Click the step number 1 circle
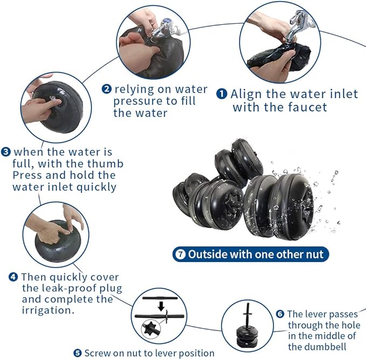click(222, 94)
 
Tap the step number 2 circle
click(106, 89)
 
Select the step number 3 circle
click(5, 152)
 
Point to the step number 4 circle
click(13, 277)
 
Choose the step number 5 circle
click(78, 353)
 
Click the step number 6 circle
click(280, 314)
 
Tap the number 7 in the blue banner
click(181, 254)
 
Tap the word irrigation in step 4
click(48, 310)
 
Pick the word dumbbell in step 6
click(317, 347)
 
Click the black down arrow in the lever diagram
click(161, 306)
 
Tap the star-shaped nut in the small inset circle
click(149, 328)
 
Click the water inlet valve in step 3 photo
click(53, 100)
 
